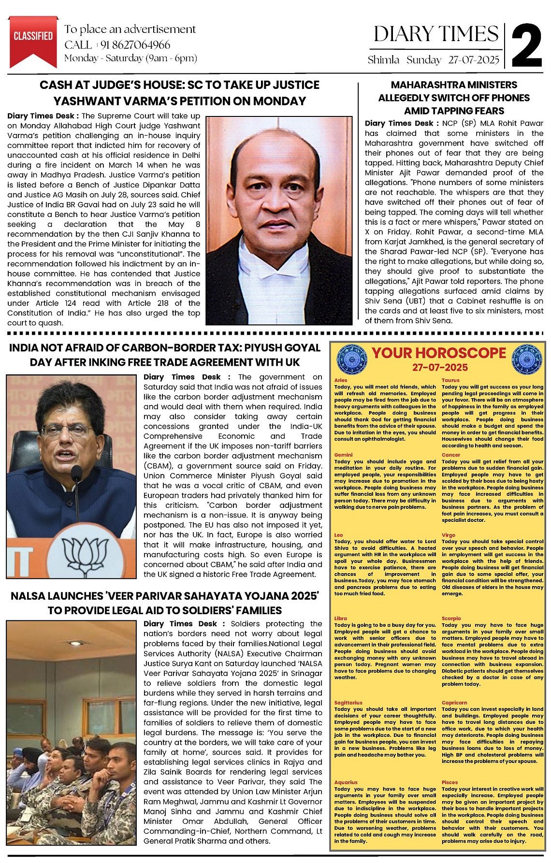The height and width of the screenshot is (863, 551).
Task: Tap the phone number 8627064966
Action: [135, 45]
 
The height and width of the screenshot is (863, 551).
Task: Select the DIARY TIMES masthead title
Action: [436, 34]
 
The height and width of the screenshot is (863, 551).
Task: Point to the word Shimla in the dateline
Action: [383, 60]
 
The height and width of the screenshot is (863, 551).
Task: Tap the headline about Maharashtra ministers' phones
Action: [454, 98]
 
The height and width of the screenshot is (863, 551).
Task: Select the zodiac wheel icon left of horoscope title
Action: [351, 358]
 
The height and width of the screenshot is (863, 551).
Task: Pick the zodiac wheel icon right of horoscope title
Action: [526, 358]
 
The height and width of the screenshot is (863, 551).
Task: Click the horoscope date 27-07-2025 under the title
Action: [440, 368]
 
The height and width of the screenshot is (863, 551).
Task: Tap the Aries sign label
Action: [341, 380]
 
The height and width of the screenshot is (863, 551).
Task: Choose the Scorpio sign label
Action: [451, 618]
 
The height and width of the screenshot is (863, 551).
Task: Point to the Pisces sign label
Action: [449, 782]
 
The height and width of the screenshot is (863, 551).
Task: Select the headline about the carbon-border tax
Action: [164, 355]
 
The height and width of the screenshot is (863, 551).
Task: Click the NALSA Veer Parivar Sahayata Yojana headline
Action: [164, 603]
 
